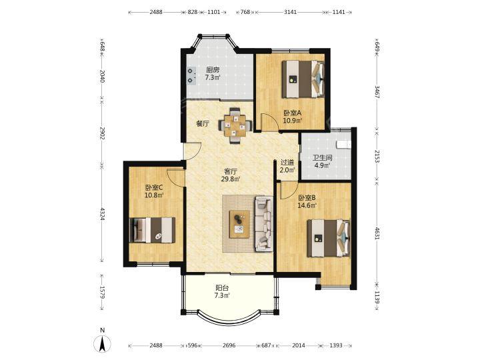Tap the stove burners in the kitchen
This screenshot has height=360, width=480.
coord(191,75)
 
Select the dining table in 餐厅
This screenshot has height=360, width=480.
coord(235,125)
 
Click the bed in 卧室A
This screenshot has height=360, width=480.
coord(303,79)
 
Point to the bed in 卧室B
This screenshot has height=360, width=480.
coord(329,238)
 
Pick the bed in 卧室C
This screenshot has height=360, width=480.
coord(152,230)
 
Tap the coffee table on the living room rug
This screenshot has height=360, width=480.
coord(239,224)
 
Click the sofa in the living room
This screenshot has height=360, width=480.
coord(263,224)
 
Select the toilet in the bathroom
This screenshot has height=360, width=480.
coord(343,143)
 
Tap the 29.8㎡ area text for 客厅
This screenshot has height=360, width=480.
coord(231,179)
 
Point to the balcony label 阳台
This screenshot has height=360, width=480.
coord(222,288)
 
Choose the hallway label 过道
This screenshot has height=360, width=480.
coord(287,163)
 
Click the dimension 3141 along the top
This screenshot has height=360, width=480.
coord(290,12)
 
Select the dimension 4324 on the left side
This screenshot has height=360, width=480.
coord(102,214)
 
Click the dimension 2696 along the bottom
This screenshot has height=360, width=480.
coord(229,345)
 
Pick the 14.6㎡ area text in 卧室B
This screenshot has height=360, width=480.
coord(307,205)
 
